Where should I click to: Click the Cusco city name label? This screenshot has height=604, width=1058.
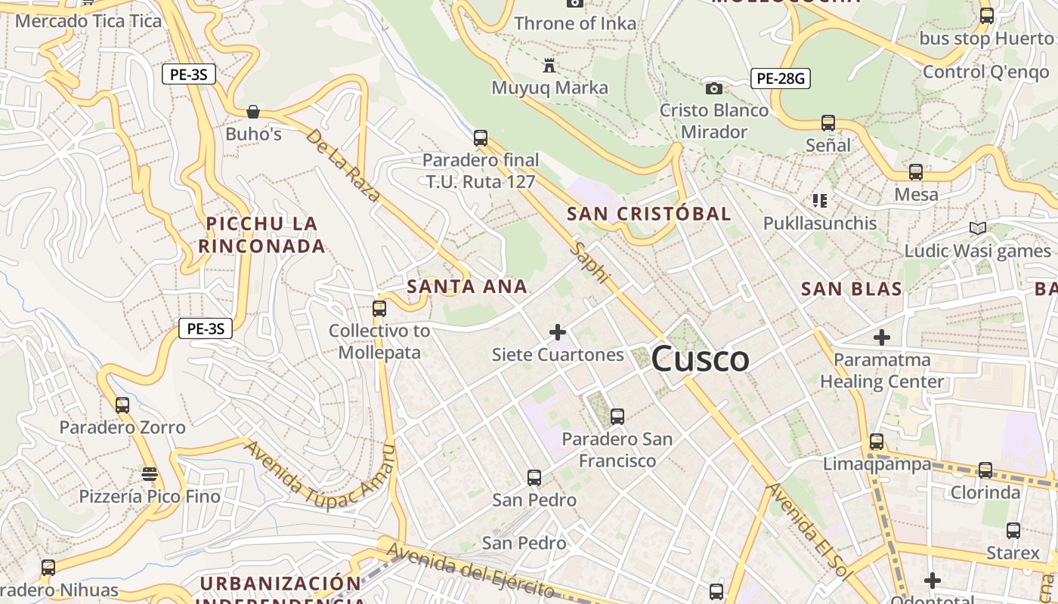click(700, 359)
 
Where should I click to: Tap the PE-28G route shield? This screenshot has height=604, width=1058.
click(781, 78)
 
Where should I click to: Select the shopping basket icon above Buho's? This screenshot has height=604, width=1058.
click(253, 112)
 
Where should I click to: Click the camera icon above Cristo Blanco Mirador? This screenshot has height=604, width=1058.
click(713, 88)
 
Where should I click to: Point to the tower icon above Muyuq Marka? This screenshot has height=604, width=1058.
click(549, 66)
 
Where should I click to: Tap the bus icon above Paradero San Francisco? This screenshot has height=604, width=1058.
click(617, 416)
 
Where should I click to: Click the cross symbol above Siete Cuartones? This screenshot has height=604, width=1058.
click(558, 331)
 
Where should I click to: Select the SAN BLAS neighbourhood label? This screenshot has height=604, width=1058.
click(852, 288)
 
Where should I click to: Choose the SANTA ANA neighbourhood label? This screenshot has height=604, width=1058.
click(467, 286)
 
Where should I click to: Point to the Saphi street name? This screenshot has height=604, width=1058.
click(590, 263)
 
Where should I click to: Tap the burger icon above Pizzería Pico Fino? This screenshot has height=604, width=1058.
click(150, 473)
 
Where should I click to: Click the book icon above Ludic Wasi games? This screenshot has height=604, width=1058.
click(977, 228)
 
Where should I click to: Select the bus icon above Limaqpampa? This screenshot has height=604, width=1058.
click(877, 441)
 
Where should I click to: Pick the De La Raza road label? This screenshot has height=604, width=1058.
click(344, 165)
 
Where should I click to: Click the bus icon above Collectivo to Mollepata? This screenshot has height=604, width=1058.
click(379, 308)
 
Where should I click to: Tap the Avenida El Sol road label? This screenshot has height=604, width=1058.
click(806, 529)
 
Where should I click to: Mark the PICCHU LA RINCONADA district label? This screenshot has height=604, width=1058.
click(261, 235)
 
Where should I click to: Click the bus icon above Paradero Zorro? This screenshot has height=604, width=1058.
click(122, 405)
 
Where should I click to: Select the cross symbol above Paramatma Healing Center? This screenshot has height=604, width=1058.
click(882, 337)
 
